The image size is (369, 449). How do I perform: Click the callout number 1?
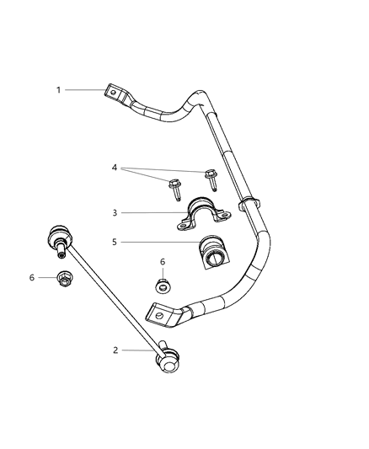pos(59,89)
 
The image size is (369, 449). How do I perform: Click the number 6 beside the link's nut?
pos(33,277)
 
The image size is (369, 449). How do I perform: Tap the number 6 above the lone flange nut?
pos(163,262)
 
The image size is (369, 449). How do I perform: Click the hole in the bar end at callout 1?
pos(115,94)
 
